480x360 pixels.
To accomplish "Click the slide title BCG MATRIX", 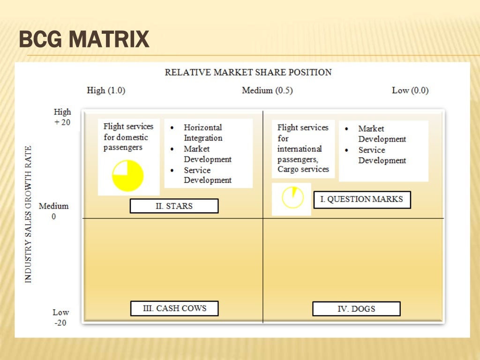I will click(x=84, y=39).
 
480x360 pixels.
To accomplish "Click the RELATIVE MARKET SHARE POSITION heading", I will click(x=248, y=72).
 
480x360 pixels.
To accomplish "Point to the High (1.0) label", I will click(x=106, y=90).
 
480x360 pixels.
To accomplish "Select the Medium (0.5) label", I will click(x=267, y=90).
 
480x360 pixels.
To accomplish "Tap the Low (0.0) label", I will click(x=410, y=90).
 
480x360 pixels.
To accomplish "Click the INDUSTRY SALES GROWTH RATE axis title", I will click(x=28, y=214).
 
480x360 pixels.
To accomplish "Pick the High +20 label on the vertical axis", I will click(x=62, y=117).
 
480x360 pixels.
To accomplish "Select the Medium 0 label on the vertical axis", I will click(x=53, y=211).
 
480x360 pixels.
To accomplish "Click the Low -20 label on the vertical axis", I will click(x=60, y=317).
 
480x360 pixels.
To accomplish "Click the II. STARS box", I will click(x=174, y=206).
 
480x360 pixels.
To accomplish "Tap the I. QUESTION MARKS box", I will click(x=361, y=199).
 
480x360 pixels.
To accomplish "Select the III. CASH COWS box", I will click(x=174, y=308).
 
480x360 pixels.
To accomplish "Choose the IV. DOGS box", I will click(x=356, y=309).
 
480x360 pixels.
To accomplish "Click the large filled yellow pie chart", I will click(x=127, y=176).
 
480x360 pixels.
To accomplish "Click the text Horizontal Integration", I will click(x=203, y=133).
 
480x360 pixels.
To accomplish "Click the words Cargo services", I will click(x=303, y=169).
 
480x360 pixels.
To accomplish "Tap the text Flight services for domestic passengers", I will click(x=128, y=137).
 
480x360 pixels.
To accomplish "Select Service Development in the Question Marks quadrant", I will click(x=382, y=155).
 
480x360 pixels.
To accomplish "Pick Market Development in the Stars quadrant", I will click(x=208, y=154).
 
